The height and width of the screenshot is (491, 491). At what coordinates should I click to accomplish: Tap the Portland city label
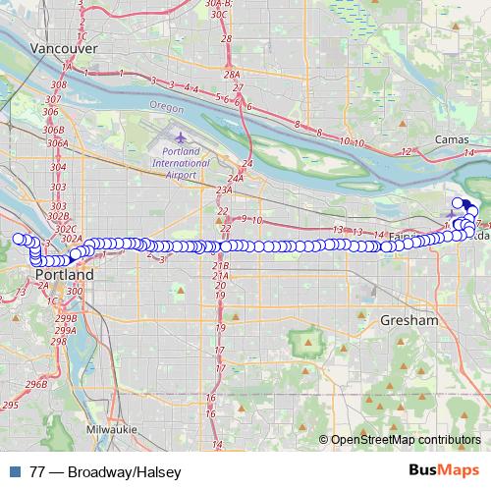(65, 276)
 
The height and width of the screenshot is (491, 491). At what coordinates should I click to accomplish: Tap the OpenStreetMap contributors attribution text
(407, 441)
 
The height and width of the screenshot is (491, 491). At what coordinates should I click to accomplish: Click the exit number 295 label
(10, 405)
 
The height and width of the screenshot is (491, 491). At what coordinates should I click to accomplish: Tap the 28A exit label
(231, 74)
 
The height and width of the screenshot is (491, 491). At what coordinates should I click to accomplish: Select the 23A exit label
(224, 191)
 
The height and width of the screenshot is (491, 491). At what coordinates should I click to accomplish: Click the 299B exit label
(66, 319)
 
